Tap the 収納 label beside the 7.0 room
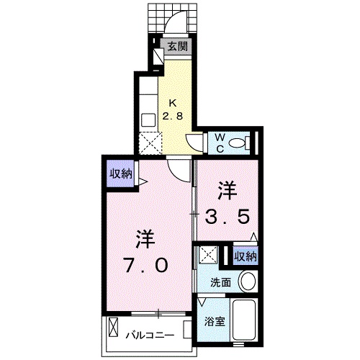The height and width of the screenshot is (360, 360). point(120,173)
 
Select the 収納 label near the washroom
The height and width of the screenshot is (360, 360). point(246,256)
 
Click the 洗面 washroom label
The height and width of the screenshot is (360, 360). point(220,283)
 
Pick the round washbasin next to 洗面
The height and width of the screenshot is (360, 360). point(248,282)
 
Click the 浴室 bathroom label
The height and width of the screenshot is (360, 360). point(212,322)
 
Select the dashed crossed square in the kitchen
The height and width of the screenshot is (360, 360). point(152,143)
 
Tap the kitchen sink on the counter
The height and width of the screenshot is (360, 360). point(148,120)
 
